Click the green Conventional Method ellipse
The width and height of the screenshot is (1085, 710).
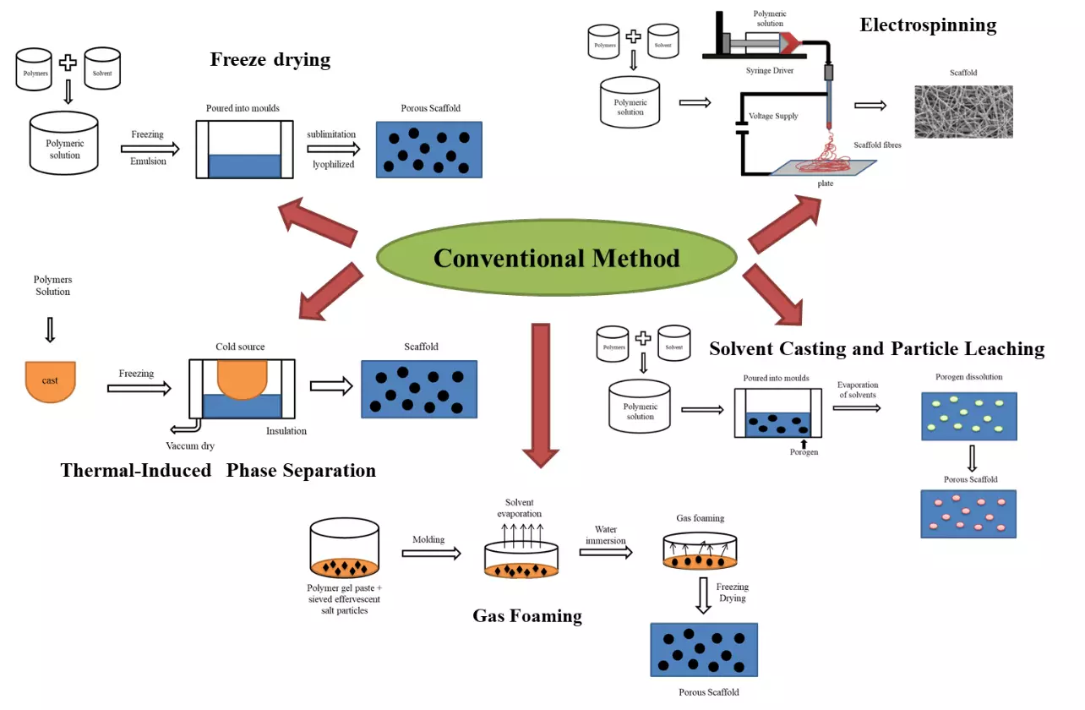coord(555,258)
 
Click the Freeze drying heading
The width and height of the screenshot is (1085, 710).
coord(270,59)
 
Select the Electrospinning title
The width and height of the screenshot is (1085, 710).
coord(928,25)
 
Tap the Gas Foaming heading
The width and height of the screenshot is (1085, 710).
coord(526,615)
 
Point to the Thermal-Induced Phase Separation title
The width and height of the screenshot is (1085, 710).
coord(218,470)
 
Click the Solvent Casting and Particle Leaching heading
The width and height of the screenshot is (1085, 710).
coord(876,348)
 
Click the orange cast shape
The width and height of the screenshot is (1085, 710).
coord(51,380)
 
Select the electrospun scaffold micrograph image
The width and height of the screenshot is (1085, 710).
coord(963,111)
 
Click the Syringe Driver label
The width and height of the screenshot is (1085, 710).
coord(770,70)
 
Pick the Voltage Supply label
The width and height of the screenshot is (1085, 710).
coord(773,116)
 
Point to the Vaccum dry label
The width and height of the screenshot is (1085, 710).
coord(191,445)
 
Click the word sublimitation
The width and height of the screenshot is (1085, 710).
coord(331,134)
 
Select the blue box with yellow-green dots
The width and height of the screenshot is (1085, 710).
coord(968,416)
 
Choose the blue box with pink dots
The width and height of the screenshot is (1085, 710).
coord(968,513)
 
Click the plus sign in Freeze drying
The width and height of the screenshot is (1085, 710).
coord(67,63)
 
